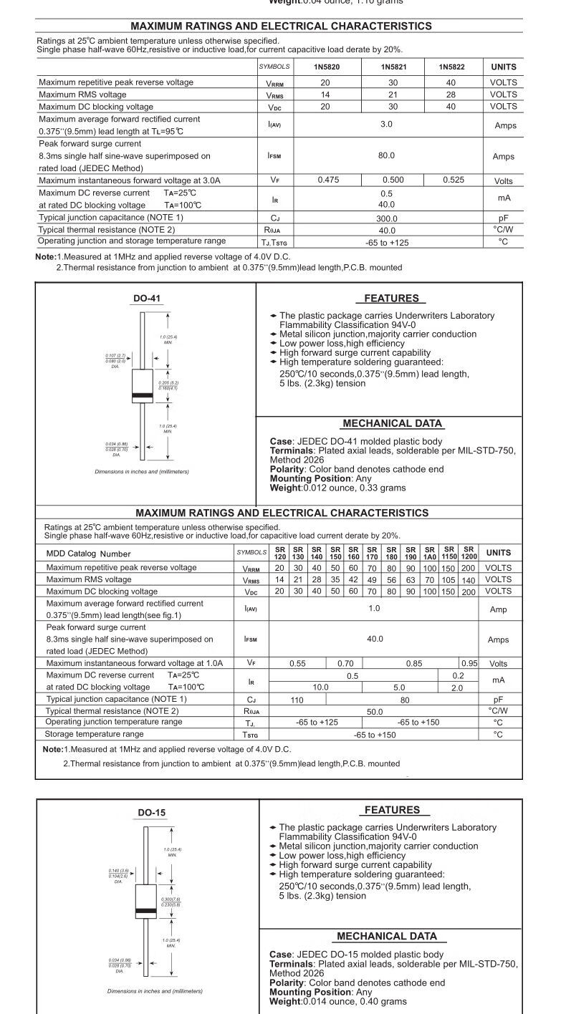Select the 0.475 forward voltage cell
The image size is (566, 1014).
[x=328, y=180]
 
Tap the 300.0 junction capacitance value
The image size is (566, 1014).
[x=387, y=217]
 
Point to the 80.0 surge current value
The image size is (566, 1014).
[x=387, y=155]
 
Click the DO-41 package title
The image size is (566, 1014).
[x=146, y=299]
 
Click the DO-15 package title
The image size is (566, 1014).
[x=151, y=812]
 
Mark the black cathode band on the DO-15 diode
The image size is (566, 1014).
[x=146, y=911]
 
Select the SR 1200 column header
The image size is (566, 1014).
[x=469, y=553]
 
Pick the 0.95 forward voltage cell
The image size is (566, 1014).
[x=469, y=664]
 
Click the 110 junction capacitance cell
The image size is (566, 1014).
[x=297, y=700]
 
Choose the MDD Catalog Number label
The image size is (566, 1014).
[x=89, y=554]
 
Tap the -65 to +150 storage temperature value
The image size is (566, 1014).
[x=375, y=735]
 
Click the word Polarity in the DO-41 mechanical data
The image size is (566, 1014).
[x=287, y=469]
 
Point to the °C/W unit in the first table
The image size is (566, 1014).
[x=504, y=229]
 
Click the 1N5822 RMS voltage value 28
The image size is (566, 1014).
[x=451, y=95]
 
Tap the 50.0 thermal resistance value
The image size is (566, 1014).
[x=375, y=712]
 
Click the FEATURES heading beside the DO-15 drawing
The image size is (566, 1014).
[x=392, y=810]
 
